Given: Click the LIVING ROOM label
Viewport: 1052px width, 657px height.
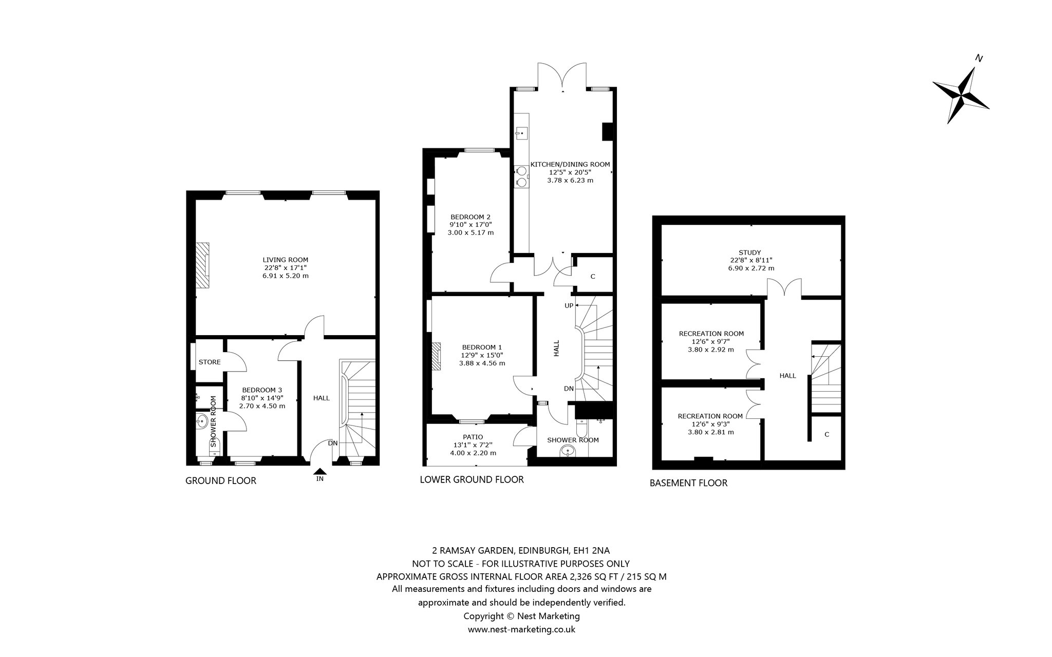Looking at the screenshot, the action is click(286, 260).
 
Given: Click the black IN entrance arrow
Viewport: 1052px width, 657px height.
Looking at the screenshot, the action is click(320, 471).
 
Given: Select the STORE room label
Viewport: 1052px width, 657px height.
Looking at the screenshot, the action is click(210, 362).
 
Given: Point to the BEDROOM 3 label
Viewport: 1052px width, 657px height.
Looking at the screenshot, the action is click(262, 390).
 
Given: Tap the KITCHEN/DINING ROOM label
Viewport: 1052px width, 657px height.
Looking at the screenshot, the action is click(570, 164).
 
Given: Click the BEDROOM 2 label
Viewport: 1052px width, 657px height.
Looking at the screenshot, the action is click(471, 217).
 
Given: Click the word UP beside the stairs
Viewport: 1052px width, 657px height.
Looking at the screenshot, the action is click(569, 305).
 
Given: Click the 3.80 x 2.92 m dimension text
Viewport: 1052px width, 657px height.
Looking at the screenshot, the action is click(711, 350).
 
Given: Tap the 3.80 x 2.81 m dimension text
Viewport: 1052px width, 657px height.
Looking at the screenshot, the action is click(711, 432).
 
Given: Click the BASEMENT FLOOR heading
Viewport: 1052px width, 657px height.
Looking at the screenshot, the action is click(688, 482).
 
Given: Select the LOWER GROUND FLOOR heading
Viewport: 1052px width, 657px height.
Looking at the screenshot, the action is click(472, 479).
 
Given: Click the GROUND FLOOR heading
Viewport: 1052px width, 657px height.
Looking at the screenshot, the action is click(221, 480).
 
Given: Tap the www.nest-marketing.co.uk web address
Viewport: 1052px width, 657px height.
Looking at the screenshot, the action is click(521, 629).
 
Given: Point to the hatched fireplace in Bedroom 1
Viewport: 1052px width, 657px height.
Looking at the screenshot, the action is click(436, 356).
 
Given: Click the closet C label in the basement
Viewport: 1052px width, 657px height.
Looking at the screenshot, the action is click(826, 434).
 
